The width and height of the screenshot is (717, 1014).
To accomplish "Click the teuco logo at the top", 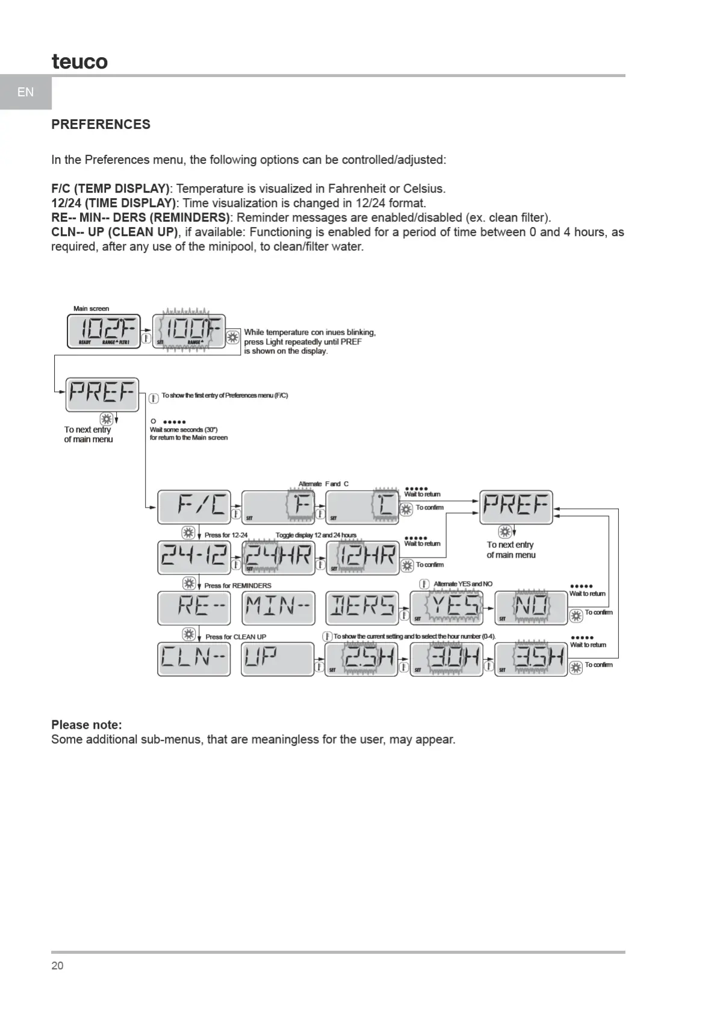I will click(x=79, y=61).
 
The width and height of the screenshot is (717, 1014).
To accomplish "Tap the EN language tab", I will click(x=25, y=92).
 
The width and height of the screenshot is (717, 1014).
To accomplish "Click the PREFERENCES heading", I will click(x=101, y=125).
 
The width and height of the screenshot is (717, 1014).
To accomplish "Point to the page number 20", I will click(x=57, y=966).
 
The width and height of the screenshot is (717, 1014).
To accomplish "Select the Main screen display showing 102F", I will click(x=104, y=331).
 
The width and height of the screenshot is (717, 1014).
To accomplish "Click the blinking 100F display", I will click(x=188, y=331).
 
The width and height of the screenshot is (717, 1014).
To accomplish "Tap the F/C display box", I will click(x=194, y=507).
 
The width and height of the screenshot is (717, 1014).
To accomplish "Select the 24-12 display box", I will click(x=194, y=557).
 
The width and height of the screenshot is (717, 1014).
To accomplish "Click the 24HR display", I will click(x=278, y=557).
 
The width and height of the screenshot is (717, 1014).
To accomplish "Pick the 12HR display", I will click(x=362, y=557).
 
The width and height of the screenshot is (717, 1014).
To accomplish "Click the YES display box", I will click(x=447, y=608).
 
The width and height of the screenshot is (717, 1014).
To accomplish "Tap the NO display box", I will click(x=531, y=608).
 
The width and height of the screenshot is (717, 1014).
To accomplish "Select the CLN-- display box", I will click(x=194, y=659).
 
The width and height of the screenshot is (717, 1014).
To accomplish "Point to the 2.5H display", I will click(x=361, y=659).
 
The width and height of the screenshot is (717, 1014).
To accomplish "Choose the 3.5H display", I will click(x=531, y=659).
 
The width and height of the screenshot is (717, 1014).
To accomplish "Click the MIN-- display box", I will click(x=278, y=608).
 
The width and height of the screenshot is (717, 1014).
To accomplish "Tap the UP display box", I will click(x=278, y=659).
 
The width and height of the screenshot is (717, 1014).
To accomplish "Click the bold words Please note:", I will click(x=86, y=725).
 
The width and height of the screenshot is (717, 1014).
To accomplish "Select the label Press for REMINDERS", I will click(x=238, y=585).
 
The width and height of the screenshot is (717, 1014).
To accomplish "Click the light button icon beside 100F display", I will click(x=233, y=338).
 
